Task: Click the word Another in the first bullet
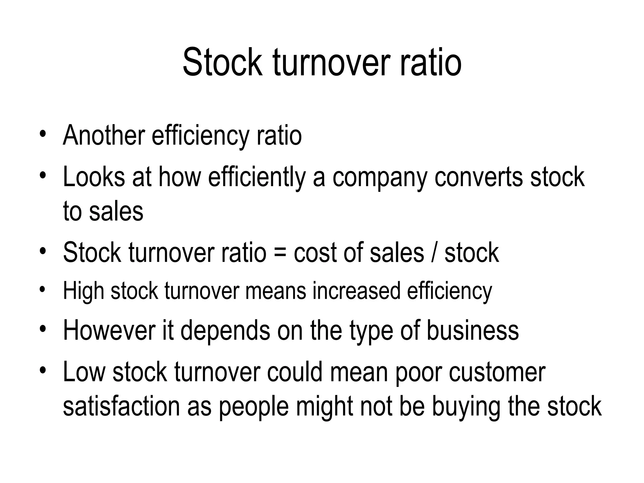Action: tap(104, 136)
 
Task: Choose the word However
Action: tap(109, 331)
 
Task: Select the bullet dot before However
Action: tap(43, 330)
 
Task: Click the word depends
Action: tap(225, 331)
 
